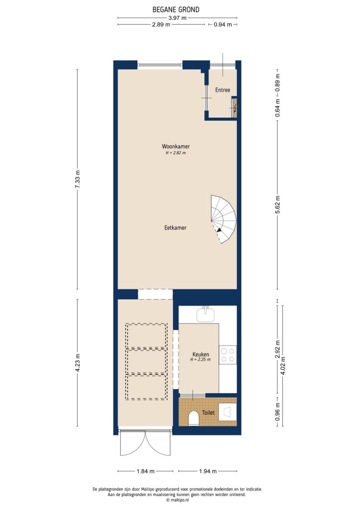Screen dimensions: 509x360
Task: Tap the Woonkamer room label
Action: click(x=176, y=146)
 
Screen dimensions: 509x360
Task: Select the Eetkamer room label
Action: click(x=175, y=228)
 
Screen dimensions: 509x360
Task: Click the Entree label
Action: click(x=222, y=90)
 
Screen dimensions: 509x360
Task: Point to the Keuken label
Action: click(x=201, y=354)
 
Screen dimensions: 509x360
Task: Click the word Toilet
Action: click(x=208, y=413)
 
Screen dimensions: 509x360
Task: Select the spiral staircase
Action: click(x=223, y=219)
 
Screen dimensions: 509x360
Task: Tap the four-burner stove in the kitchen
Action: click(x=228, y=354)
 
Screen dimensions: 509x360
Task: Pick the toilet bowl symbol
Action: click(x=194, y=419)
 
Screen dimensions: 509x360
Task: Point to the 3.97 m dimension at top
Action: click(x=177, y=18)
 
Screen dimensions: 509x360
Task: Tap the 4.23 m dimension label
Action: click(x=77, y=362)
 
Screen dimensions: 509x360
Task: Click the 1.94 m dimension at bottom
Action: click(x=207, y=471)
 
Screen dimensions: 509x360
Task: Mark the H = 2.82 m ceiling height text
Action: click(x=176, y=153)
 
